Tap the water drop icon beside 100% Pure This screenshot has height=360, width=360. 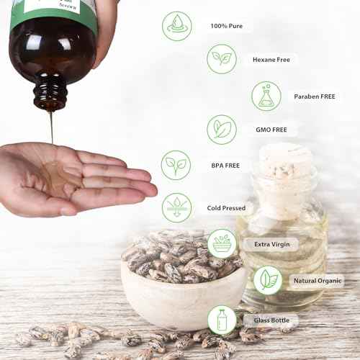[176, 27]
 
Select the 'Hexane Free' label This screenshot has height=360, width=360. [271, 60]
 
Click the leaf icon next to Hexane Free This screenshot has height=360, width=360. [222, 59]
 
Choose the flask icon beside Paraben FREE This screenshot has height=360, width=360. [266, 96]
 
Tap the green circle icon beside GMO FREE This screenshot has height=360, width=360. [222, 130]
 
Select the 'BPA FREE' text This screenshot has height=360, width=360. [225, 165]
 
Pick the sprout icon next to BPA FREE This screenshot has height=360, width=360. [176, 165]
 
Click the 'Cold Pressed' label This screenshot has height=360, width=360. [225, 208]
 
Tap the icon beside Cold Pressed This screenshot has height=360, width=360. [176, 207]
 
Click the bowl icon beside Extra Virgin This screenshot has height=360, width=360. [222, 244]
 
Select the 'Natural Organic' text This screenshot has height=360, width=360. [318, 280]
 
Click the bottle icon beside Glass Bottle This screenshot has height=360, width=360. [222, 320]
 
